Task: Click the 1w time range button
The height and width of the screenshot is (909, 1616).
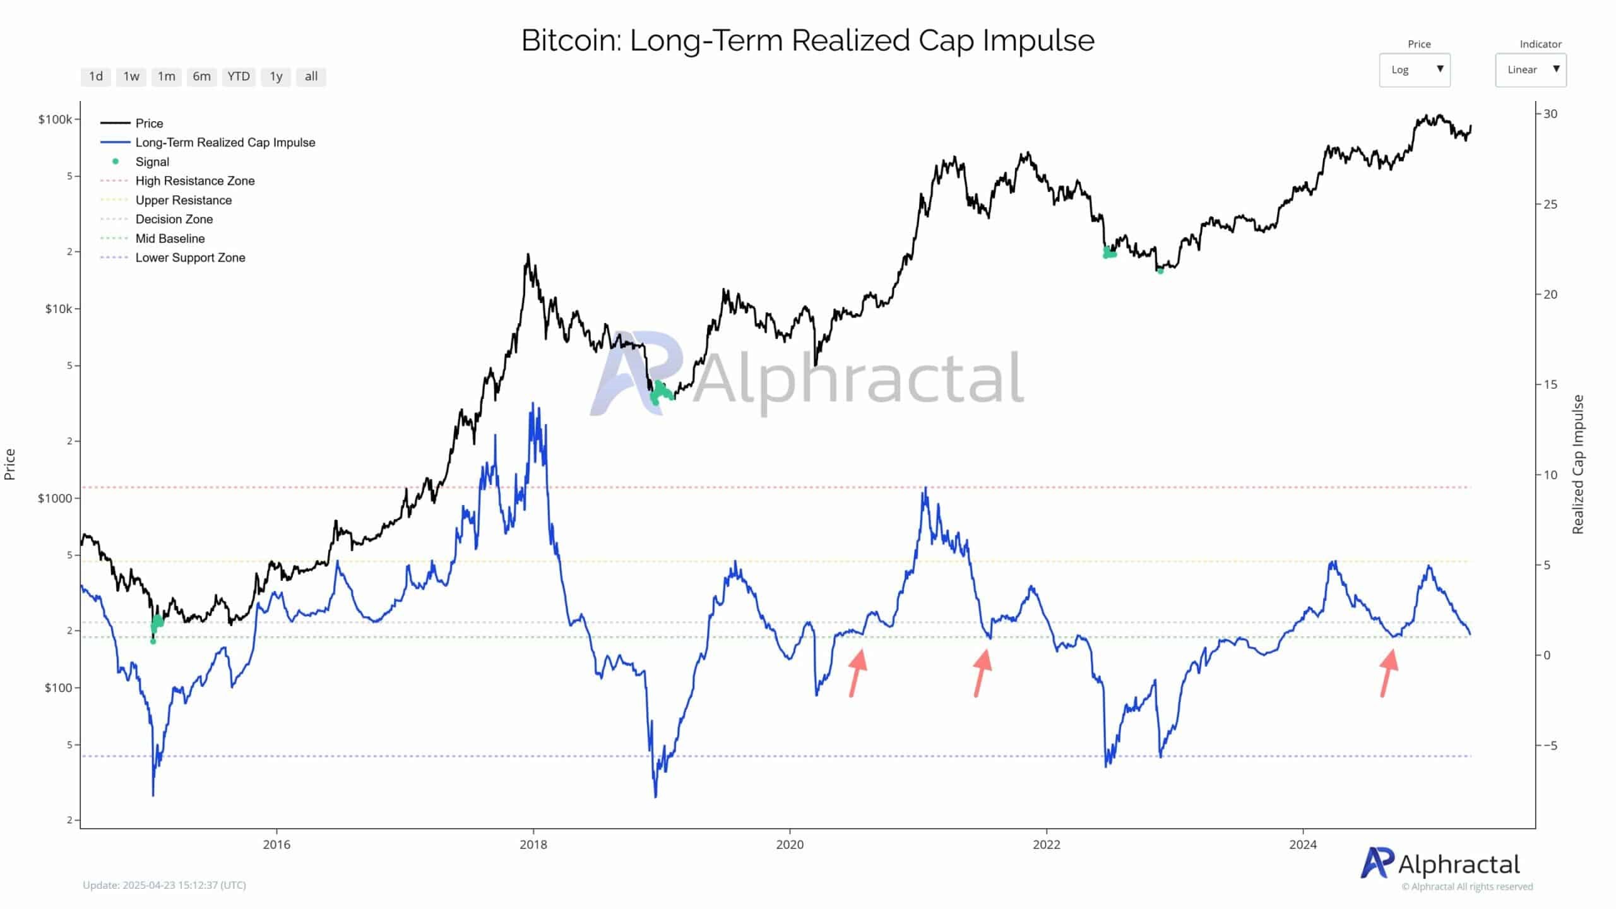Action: coord(131,76)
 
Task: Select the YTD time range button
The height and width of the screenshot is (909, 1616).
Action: coord(239,76)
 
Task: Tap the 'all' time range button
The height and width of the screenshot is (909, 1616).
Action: coord(311,76)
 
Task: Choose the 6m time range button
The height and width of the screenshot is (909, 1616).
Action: coord(201,76)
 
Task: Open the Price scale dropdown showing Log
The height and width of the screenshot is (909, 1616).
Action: coord(1414,70)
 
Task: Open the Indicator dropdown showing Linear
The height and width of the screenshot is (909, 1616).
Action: coord(1530,70)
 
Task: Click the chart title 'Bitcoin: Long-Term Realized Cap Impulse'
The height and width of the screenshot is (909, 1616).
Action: coord(807,40)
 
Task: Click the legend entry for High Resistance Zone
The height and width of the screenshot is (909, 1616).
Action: coord(195,181)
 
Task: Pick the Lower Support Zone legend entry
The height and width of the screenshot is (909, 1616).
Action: coord(190,258)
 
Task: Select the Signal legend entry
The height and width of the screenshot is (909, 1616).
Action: coord(152,162)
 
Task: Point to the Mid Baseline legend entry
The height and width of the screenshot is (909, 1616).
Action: coord(170,239)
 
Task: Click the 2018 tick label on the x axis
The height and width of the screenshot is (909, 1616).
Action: coord(533,845)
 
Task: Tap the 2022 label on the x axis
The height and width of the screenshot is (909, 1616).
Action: coord(1047,845)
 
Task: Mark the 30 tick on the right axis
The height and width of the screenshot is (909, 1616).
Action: coord(1550,114)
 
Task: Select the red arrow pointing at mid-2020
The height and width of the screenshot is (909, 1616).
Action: coord(857,672)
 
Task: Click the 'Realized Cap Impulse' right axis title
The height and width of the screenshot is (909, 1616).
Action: coord(1578,464)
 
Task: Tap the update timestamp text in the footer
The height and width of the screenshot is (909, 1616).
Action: coord(164,885)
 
